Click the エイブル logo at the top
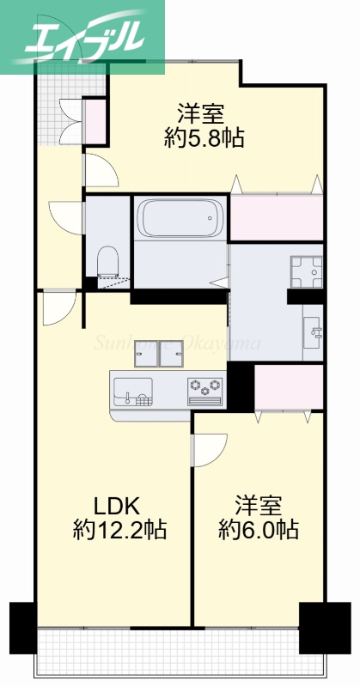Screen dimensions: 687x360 click(x=82, y=36)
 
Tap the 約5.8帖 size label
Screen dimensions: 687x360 click(x=204, y=138)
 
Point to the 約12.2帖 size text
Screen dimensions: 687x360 click(x=119, y=531)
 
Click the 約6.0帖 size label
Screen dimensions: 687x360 click(x=259, y=531)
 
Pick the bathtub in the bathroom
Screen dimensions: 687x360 click(x=180, y=220)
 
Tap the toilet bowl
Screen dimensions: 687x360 click(x=107, y=259)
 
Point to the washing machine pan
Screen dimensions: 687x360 click(x=305, y=271)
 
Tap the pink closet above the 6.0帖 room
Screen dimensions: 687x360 click(x=289, y=384)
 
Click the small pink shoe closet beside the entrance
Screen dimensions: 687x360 click(x=94, y=120)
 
